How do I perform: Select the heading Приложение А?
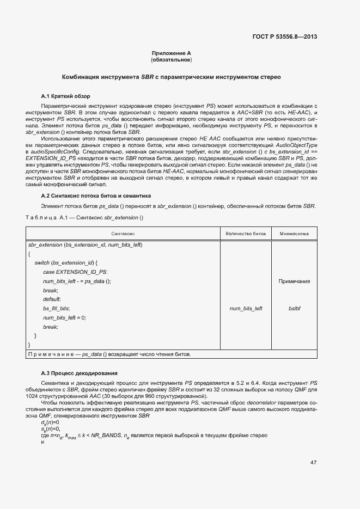[171, 53]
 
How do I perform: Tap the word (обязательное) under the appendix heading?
[171, 60]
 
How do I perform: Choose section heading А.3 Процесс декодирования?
[79, 373]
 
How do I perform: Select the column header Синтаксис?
[124, 234]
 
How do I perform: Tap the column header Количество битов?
[246, 234]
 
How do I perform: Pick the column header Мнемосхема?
[294, 234]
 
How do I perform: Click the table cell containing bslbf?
[294, 309]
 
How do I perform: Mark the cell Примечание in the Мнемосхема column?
[294, 281]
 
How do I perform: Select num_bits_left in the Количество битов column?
[246, 309]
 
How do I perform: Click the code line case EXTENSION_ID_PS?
[75, 272]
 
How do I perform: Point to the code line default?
[52, 299]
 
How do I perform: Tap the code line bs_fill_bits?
[56, 309]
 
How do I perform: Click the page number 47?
[313, 463]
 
